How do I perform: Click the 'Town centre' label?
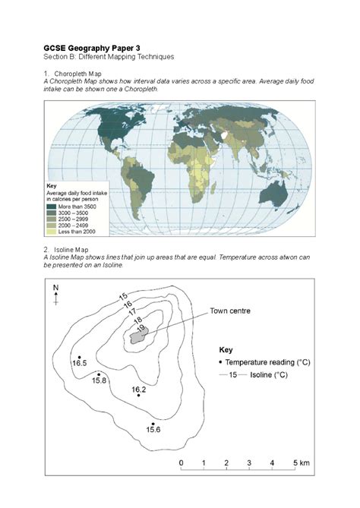coord(231,311)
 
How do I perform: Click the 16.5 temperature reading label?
coord(79,364)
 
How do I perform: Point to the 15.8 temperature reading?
coord(99,380)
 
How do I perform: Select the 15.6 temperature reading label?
coord(153,430)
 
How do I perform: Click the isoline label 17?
coord(133,311)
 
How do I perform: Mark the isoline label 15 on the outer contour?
coord(122,295)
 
